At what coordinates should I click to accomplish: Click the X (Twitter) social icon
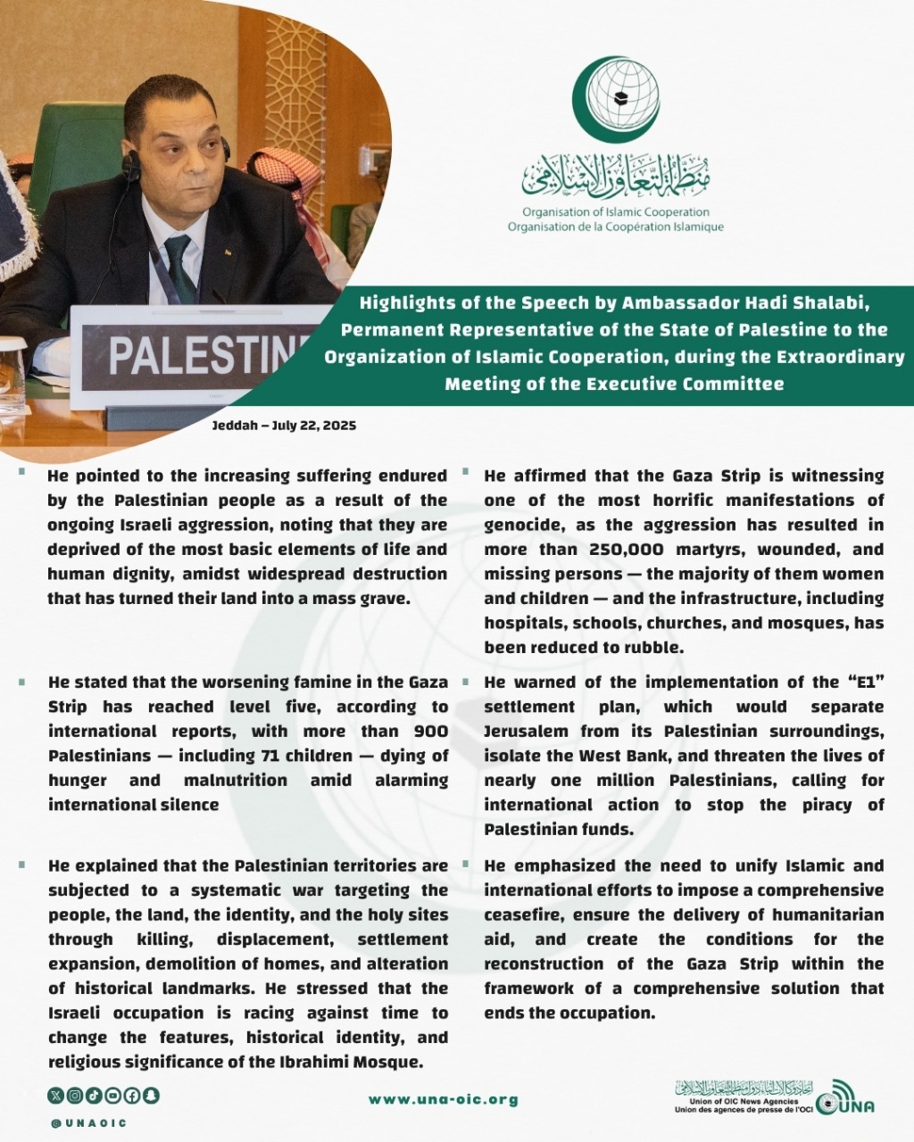tap(56, 1096)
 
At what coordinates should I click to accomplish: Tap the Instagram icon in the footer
tap(75, 1096)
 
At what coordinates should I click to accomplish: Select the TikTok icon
tap(94, 1096)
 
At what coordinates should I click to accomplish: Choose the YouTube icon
tap(112, 1096)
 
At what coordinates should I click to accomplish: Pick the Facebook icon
tap(131, 1096)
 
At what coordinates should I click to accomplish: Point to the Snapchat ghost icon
tap(151, 1096)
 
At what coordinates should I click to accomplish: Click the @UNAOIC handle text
tap(89, 1122)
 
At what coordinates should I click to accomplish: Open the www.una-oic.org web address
tap(444, 1100)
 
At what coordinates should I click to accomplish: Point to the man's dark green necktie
tap(180, 268)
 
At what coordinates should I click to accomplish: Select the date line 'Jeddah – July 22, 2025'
tap(284, 426)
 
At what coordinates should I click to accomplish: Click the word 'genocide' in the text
tap(521, 525)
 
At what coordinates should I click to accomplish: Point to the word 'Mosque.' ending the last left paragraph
tap(387, 1062)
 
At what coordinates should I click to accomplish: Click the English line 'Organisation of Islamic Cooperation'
tap(616, 212)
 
